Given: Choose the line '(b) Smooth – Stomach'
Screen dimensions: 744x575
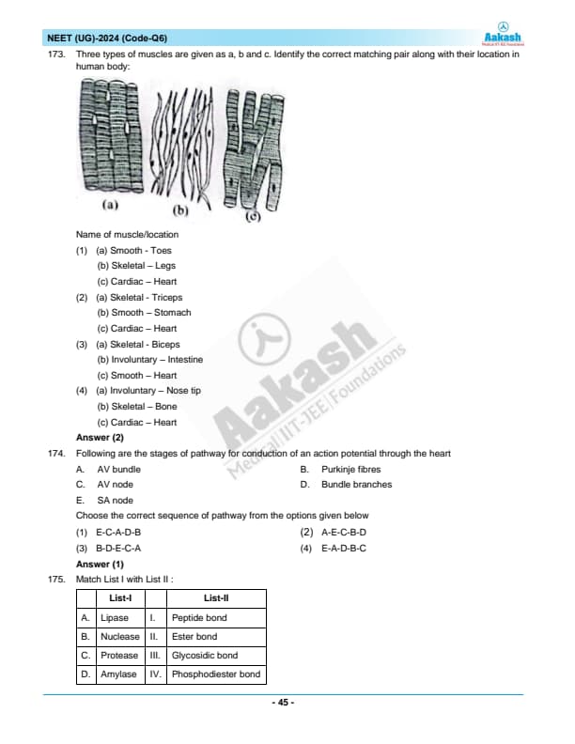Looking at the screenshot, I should [144, 313].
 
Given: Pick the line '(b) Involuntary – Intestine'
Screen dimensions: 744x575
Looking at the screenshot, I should [149, 360].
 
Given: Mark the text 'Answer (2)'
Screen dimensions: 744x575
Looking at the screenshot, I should [100, 438].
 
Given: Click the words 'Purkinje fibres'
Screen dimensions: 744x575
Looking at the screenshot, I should [350, 469].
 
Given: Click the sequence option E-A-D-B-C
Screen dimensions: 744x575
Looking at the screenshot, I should [343, 548].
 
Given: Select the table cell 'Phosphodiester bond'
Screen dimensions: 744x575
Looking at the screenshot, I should [216, 674].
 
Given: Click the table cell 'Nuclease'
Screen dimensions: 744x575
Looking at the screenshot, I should [119, 637].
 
